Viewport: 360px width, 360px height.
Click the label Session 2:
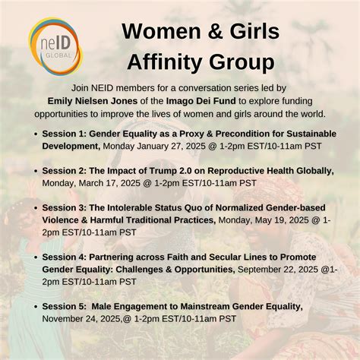tap(65, 170)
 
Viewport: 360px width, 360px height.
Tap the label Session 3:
tap(65, 207)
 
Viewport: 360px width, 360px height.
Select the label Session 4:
tap(65, 256)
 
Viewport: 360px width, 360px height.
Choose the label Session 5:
tap(65, 305)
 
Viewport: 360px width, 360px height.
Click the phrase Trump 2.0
tap(167, 170)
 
